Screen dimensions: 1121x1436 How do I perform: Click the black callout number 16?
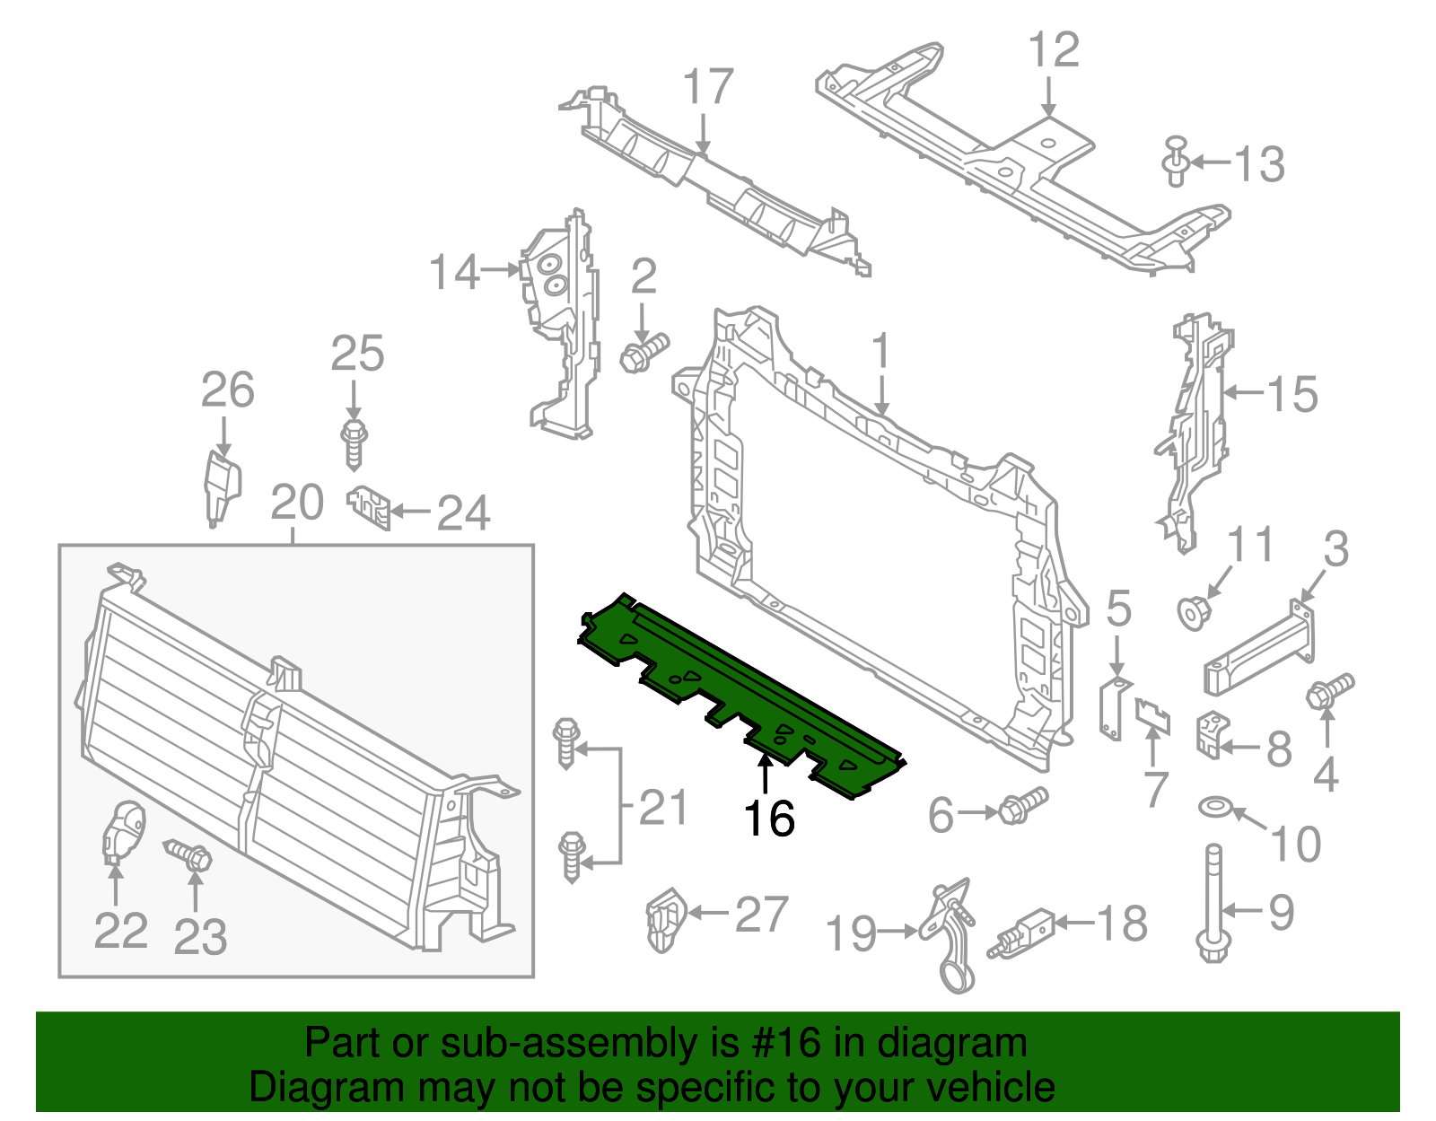click(x=769, y=819)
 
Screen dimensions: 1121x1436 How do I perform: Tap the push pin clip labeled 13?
click(x=1176, y=162)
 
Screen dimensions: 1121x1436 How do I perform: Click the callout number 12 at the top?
click(x=1053, y=50)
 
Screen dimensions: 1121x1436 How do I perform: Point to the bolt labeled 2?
click(x=644, y=352)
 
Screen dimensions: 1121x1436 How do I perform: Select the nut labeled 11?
click(x=1194, y=614)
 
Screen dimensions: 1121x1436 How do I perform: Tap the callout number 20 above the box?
click(x=296, y=503)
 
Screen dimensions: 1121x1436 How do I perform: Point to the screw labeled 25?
click(x=355, y=442)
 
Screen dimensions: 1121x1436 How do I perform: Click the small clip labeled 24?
click(x=370, y=507)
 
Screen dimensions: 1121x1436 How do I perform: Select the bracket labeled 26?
click(x=221, y=487)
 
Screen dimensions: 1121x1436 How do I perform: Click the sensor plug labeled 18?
click(x=1021, y=932)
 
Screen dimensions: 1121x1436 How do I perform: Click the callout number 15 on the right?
click(x=1292, y=394)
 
